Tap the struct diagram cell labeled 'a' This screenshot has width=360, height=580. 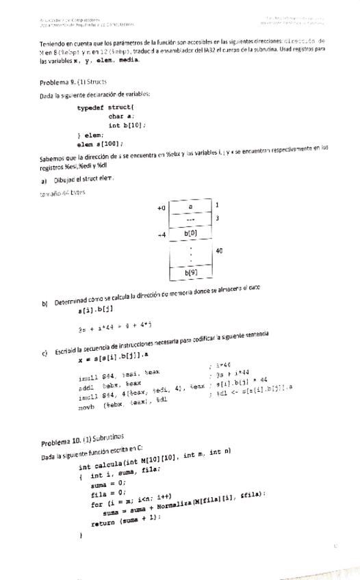191,205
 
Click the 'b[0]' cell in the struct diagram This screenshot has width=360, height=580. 191,233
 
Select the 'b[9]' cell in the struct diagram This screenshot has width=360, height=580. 191,273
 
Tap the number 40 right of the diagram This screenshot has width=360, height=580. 219,251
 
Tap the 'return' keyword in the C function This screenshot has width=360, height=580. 100,519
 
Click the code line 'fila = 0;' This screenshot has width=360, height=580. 105,493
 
